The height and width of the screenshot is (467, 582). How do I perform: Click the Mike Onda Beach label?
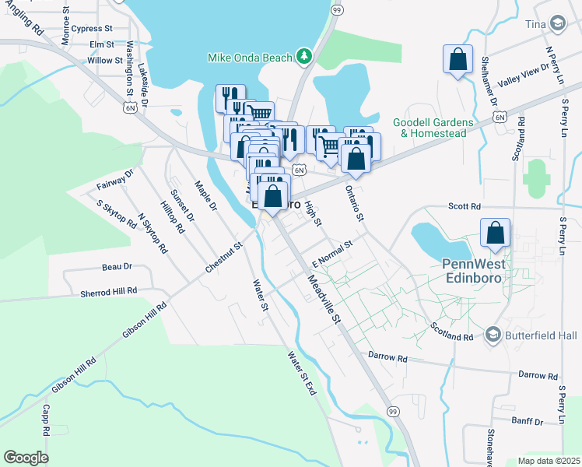[x=249, y=57]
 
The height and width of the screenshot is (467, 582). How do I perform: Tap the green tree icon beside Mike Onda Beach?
[x=304, y=56]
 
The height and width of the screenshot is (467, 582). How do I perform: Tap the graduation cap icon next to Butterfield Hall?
[x=492, y=335]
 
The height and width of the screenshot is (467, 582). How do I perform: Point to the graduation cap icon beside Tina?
[x=558, y=24]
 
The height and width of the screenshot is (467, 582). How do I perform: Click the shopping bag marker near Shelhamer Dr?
[x=458, y=59]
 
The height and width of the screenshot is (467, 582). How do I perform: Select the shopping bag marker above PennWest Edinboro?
[x=496, y=233]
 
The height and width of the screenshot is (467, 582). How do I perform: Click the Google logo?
[x=26, y=457]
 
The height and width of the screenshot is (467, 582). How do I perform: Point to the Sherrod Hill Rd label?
[x=109, y=292]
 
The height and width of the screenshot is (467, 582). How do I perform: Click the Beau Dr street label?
[x=117, y=266]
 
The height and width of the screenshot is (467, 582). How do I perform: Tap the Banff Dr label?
[x=528, y=421]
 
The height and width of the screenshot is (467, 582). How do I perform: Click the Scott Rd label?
[x=465, y=206]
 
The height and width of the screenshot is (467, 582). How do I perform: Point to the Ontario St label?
[x=355, y=203]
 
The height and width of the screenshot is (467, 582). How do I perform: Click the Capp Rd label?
[x=46, y=420]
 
